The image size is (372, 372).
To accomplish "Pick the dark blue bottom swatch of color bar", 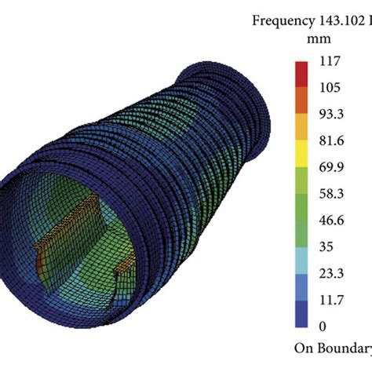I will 303,312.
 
